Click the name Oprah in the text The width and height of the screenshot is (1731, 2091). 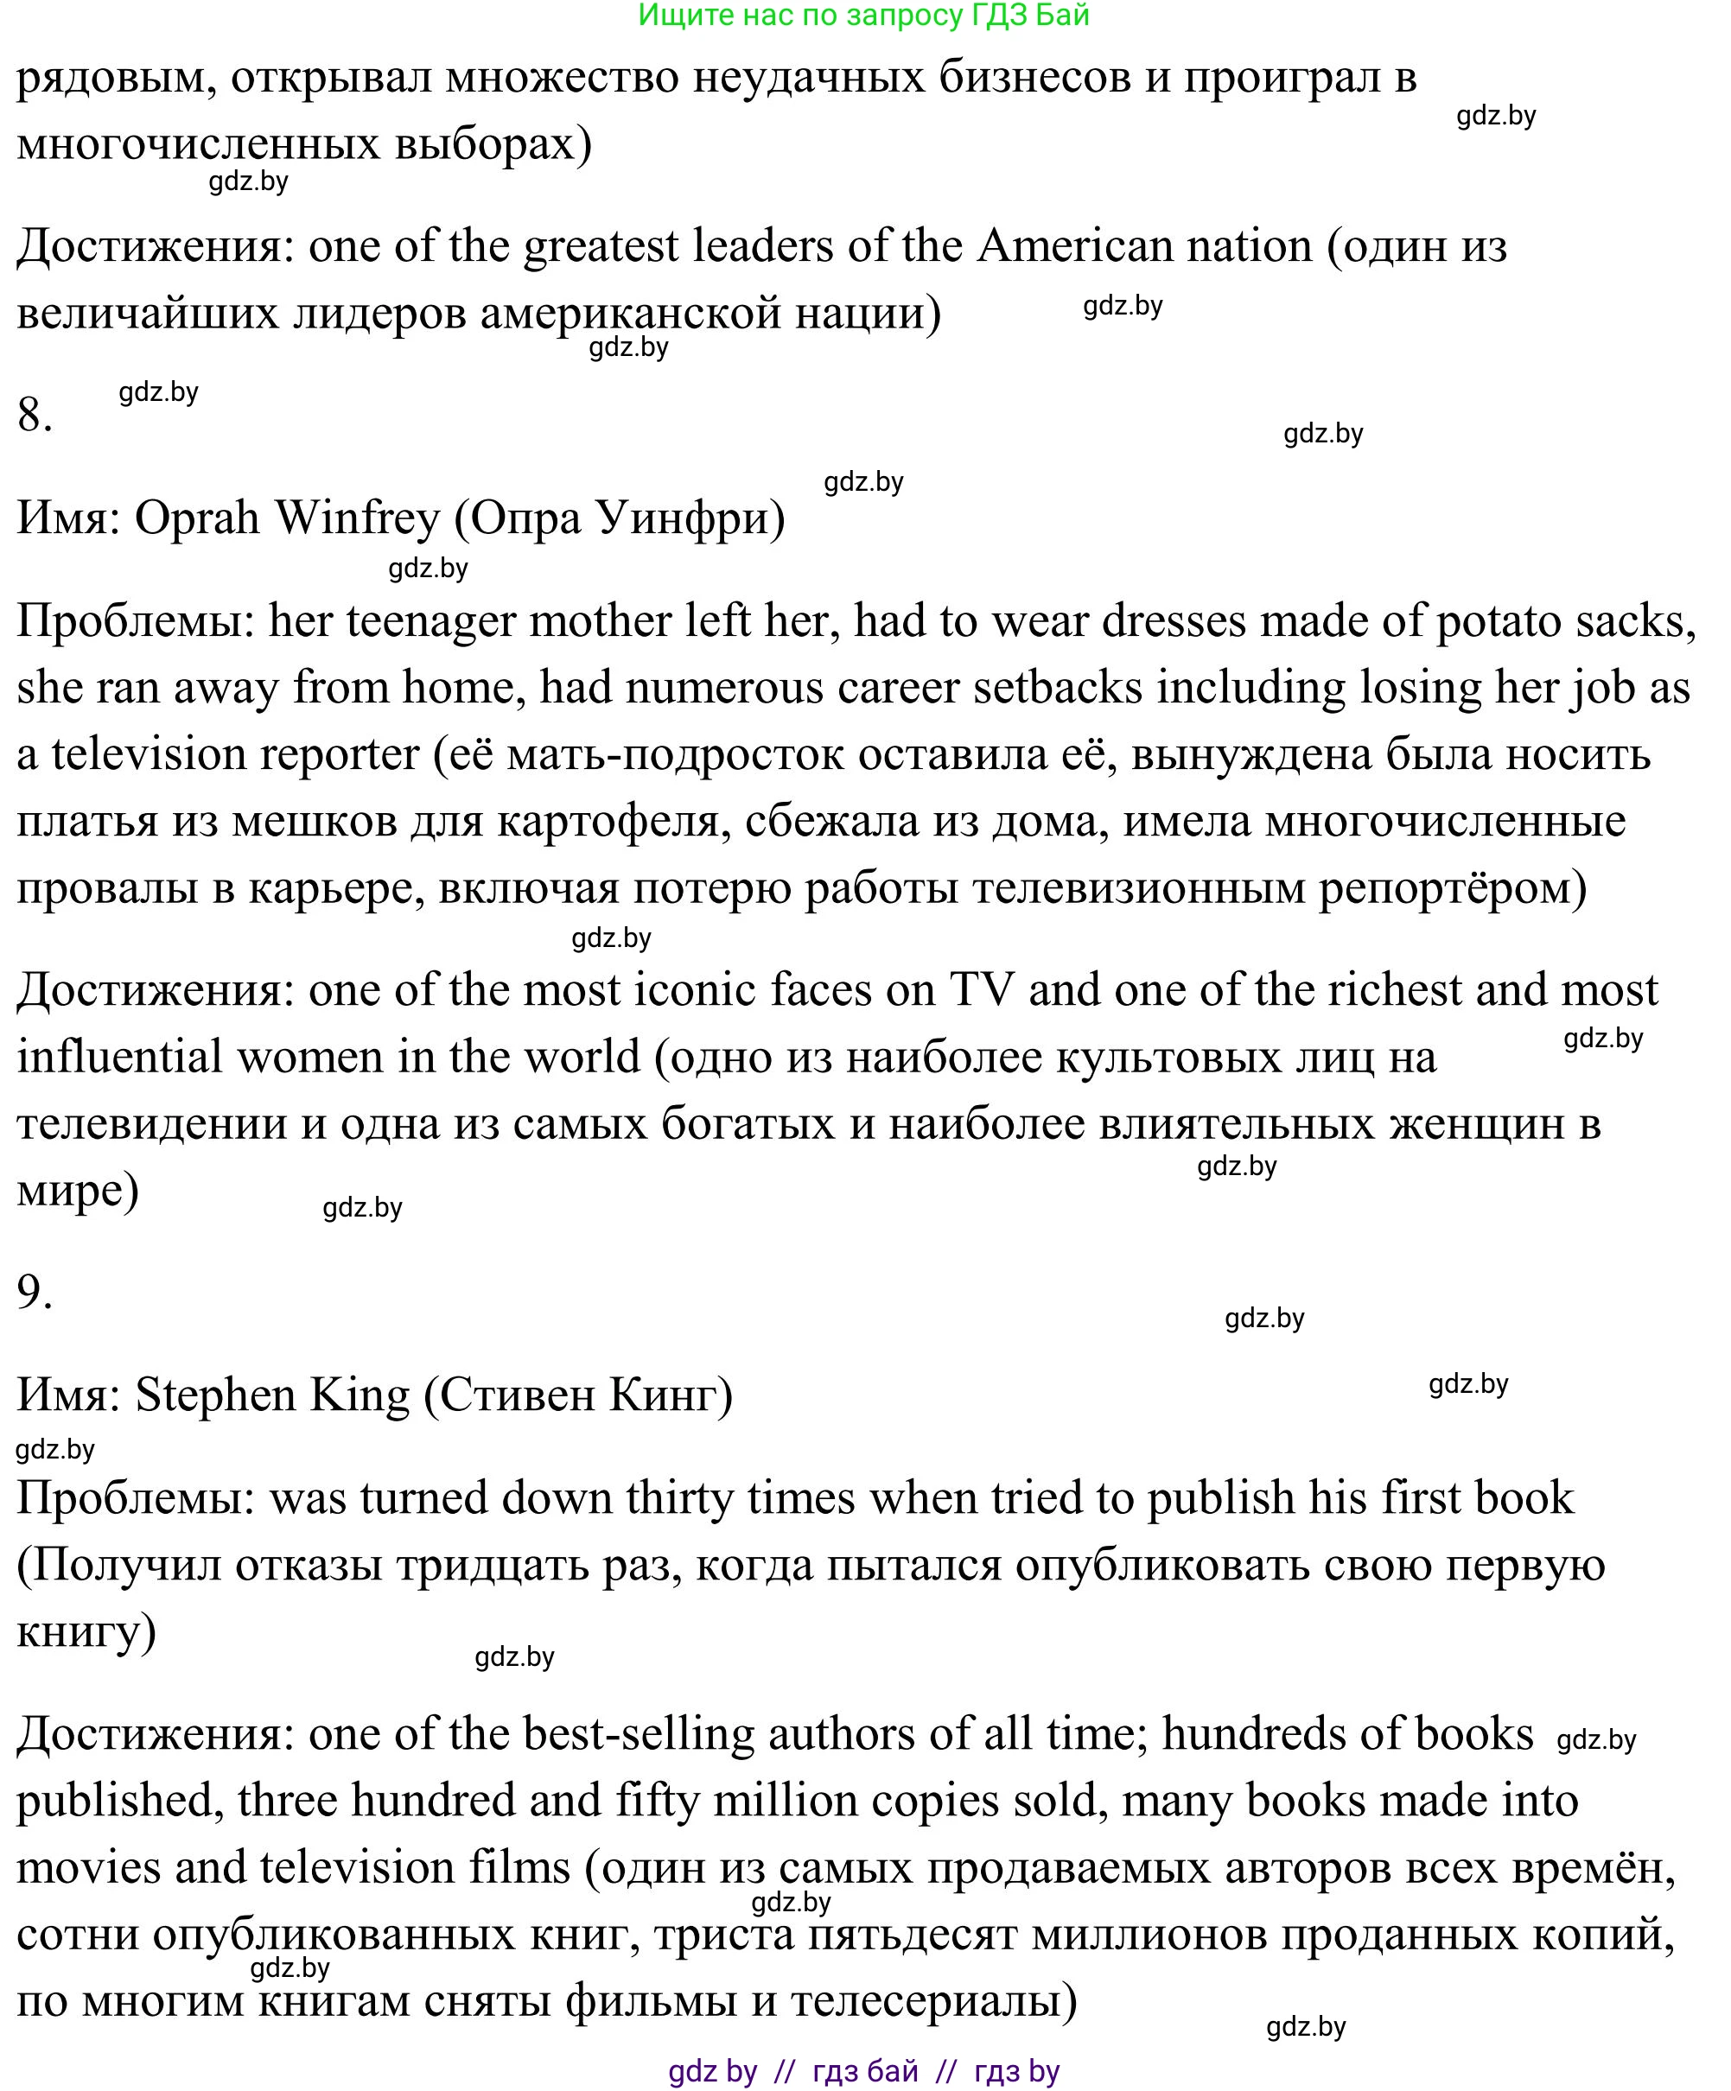pyautogui.click(x=196, y=518)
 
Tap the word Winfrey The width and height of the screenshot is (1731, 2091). pyautogui.click(x=357, y=518)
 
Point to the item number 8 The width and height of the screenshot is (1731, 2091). pyautogui.click(x=34, y=414)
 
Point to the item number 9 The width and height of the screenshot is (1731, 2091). pyautogui.click(x=34, y=1292)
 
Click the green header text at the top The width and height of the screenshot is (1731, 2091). pyautogui.click(x=863, y=15)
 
